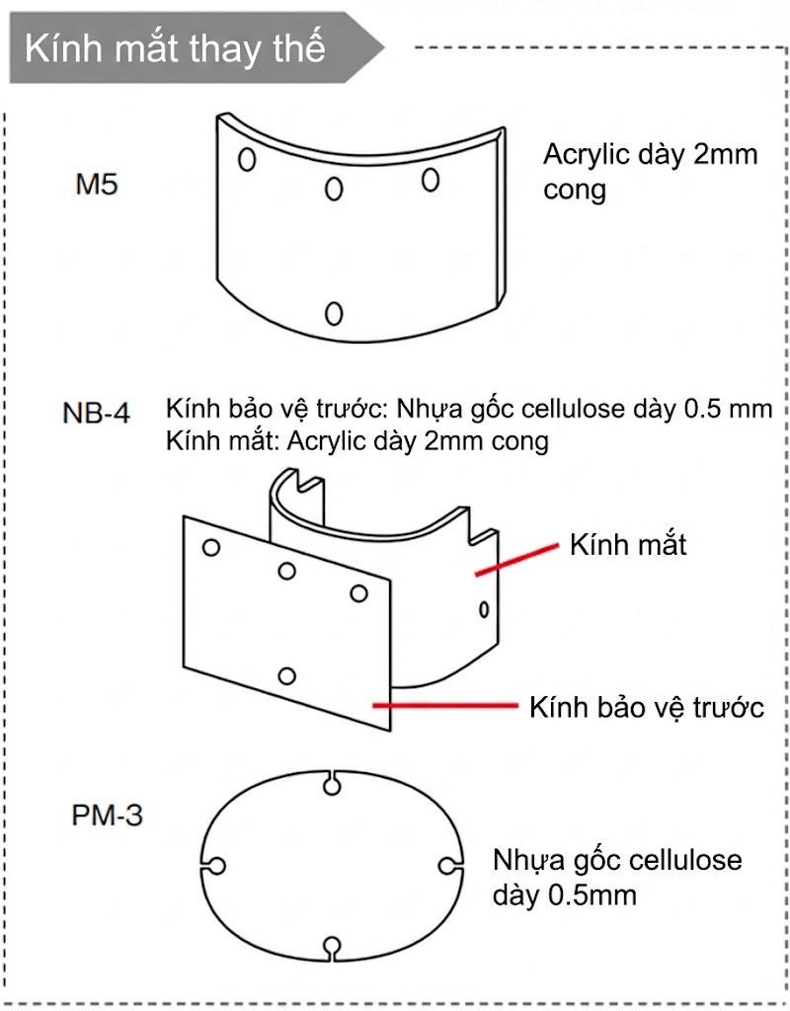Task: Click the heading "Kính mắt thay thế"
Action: point(175,47)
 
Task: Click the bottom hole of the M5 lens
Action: point(334,313)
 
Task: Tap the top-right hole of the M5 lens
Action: point(431,179)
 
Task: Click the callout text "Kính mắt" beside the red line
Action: point(627,544)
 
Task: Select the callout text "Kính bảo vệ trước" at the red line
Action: point(647,707)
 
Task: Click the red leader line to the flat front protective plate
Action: point(444,705)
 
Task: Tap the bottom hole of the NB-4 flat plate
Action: point(287,676)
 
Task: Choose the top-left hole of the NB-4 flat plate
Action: point(210,547)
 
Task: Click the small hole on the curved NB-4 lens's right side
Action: point(484,608)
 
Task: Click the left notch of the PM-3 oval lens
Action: point(215,865)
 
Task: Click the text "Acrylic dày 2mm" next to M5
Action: point(650,155)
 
